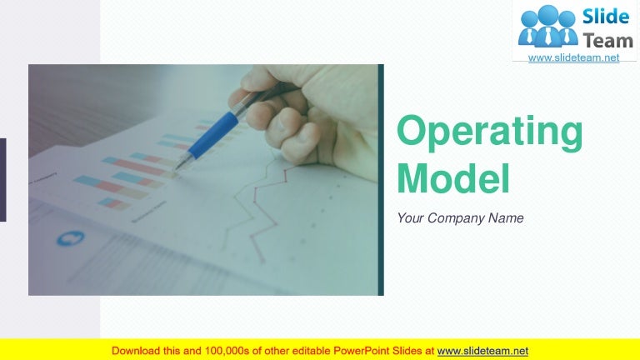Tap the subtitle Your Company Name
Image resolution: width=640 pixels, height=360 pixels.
(460, 218)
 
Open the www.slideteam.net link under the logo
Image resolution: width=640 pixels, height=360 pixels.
(574, 57)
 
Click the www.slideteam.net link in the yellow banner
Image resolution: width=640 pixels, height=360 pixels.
(482, 351)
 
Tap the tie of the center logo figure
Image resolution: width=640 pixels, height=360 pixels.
(547, 36)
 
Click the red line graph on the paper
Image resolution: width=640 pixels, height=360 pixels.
(258, 208)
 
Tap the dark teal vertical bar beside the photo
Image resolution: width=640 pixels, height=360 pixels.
(382, 180)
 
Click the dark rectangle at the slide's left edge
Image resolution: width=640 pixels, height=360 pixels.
(2, 180)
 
